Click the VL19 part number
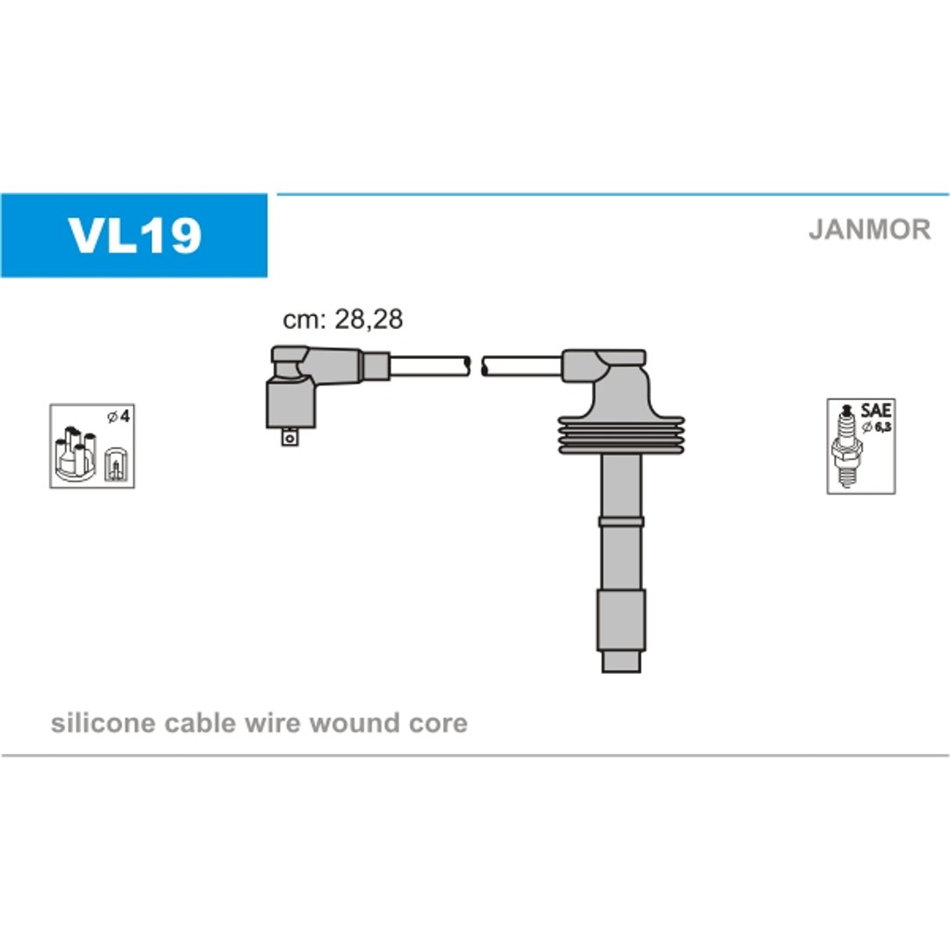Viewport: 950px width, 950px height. (x=135, y=235)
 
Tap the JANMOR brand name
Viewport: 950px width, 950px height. (x=869, y=230)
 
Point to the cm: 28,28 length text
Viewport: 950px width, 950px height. (x=342, y=319)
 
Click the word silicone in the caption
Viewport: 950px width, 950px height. (x=103, y=723)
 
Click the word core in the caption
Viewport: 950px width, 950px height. (x=437, y=724)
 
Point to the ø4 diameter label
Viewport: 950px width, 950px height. (x=119, y=417)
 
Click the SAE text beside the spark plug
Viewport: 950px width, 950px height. (x=876, y=410)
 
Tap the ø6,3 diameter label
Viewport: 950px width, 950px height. (x=877, y=427)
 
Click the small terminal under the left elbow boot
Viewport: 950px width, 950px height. (x=290, y=437)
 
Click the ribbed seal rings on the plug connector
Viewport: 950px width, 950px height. (x=621, y=435)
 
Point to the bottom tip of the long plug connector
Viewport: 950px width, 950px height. (x=621, y=672)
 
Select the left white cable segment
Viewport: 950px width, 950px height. (x=429, y=367)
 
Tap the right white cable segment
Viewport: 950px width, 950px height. (x=522, y=367)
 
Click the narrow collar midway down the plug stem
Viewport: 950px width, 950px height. (x=621, y=521)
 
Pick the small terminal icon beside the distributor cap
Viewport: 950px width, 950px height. (x=115, y=464)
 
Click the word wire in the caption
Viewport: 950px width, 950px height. (x=273, y=723)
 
